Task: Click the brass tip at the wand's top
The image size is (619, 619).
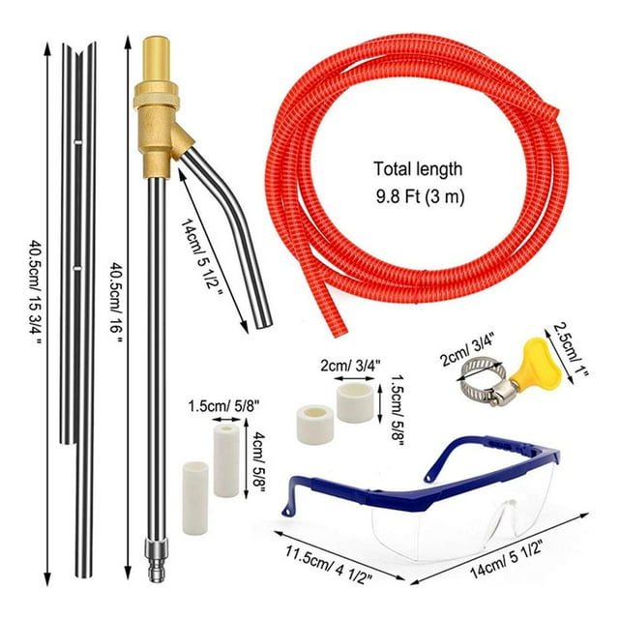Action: point(157,59)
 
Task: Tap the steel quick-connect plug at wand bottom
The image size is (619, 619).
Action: point(157,562)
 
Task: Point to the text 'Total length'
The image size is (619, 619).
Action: point(418,169)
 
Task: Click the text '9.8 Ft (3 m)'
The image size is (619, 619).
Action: point(420,196)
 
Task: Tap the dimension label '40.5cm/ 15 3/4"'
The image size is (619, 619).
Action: point(36,292)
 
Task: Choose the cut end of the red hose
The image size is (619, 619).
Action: point(338,330)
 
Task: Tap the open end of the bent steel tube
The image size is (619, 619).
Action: point(264,324)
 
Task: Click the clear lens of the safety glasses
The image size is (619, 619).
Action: point(454,525)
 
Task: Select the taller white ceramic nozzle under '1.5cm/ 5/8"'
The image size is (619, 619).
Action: point(226,460)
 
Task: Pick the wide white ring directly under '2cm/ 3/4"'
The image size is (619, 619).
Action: point(355,402)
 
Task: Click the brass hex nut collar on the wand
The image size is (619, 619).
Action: point(157,96)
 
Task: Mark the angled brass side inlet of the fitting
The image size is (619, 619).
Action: point(183,142)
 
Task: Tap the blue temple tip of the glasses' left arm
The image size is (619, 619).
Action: point(287,508)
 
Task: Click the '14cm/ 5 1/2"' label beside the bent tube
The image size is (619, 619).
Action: point(202,254)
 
